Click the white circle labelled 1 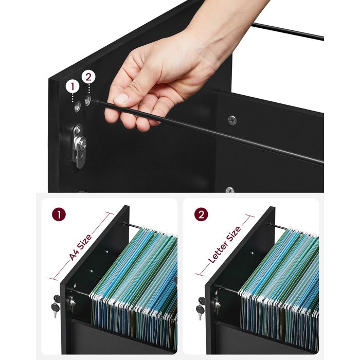73,87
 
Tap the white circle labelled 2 88,77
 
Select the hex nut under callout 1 77,106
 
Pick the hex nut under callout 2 88,100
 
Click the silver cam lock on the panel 80,146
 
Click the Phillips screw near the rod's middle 232,120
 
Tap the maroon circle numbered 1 59,214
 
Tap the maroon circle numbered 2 201,214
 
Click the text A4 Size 81,247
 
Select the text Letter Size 225,245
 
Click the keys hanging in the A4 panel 56,305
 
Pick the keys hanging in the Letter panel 201,308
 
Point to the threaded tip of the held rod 95,101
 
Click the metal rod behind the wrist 287,31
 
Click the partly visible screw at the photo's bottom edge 230,190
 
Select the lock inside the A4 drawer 72,303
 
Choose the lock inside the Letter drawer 217,304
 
